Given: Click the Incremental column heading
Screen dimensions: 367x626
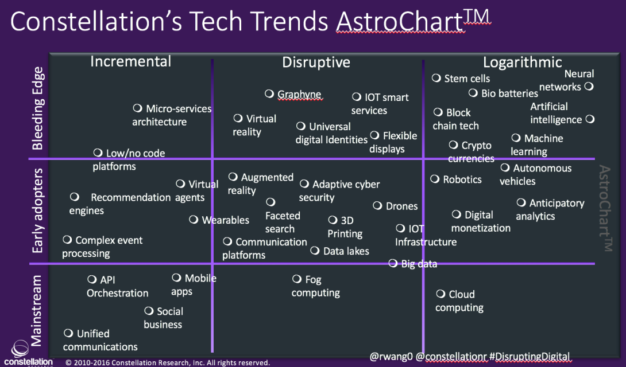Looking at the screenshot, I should pyautogui.click(x=130, y=61).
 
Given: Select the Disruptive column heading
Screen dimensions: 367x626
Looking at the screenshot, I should pyautogui.click(x=316, y=62).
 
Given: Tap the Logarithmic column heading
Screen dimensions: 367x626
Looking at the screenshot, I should pyautogui.click(x=522, y=62).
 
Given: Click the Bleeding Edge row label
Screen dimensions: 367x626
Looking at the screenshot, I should pyautogui.click(x=38, y=108).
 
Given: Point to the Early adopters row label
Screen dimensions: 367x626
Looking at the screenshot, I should pyautogui.click(x=38, y=210).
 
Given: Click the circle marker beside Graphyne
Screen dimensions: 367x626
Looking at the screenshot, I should pyautogui.click(x=269, y=93).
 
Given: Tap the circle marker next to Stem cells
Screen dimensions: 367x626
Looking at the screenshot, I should pyautogui.click(x=436, y=78).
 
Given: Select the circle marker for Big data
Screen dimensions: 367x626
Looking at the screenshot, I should pyautogui.click(x=393, y=263).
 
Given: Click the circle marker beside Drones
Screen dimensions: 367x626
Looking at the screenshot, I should pyautogui.click(x=377, y=205).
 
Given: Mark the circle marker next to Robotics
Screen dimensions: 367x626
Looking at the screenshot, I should pyautogui.click(x=435, y=179).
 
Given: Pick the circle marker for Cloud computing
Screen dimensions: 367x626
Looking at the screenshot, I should pyautogui.click(x=440, y=294).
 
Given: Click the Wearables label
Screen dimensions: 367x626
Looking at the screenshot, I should pyautogui.click(x=225, y=220).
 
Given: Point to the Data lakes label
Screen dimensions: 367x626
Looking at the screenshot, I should pyautogui.click(x=346, y=251).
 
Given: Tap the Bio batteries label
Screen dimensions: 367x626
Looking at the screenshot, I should pyautogui.click(x=509, y=93).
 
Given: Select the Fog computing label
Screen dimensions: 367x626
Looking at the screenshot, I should pyautogui.click(x=315, y=286).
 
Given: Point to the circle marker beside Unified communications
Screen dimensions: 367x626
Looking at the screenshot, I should pyautogui.click(x=68, y=333).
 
